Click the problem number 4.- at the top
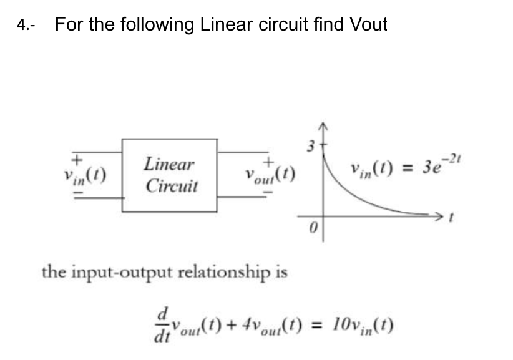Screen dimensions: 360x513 click(26, 26)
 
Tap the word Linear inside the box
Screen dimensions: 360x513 click(169, 165)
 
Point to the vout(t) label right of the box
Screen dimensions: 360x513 click(269, 176)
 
